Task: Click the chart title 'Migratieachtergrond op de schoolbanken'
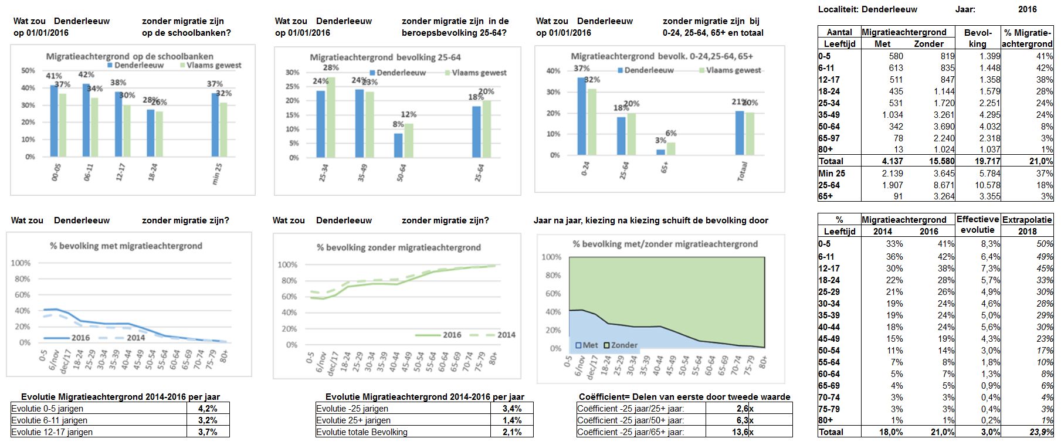pyautogui.click(x=130, y=56)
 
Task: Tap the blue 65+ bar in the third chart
pyautogui.click(x=660, y=152)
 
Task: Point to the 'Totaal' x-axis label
pyautogui.click(x=743, y=171)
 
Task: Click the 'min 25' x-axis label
pyautogui.click(x=217, y=174)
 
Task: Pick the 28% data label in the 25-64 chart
pyautogui.click(x=331, y=68)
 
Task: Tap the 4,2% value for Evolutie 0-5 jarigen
pyautogui.click(x=208, y=409)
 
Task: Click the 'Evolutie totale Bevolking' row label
pyautogui.click(x=361, y=432)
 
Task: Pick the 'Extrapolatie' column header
pyautogui.click(x=1027, y=219)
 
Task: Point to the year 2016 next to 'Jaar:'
pyautogui.click(x=1027, y=9)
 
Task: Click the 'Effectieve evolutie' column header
pyautogui.click(x=978, y=224)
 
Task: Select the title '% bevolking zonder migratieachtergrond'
pyautogui.click(x=399, y=247)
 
